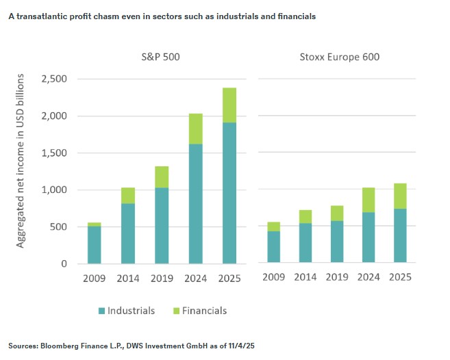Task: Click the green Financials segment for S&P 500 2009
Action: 94,224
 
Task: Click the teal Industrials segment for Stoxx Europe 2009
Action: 273,247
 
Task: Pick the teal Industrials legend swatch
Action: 102,311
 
